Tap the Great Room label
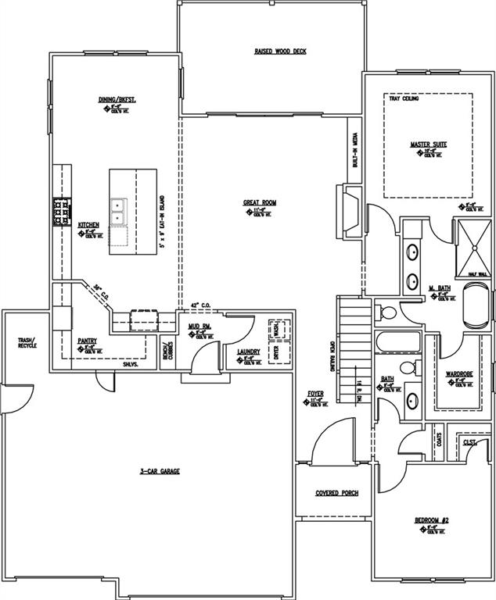pos(260,202)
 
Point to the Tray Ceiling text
pos(404,100)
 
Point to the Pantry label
pos(87,341)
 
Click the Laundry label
pos(249,352)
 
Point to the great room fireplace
pos(348,209)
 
